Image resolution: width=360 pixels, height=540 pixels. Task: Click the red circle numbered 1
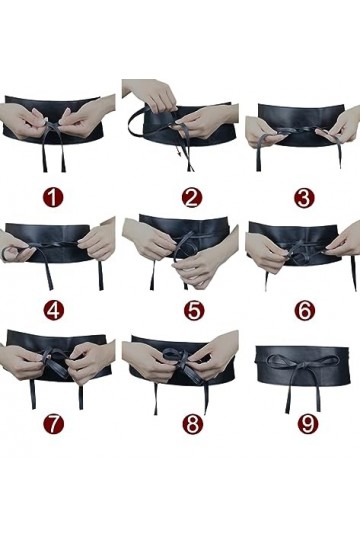[53, 197]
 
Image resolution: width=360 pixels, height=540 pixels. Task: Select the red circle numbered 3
[304, 197]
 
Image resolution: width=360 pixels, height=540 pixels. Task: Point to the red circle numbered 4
[53, 310]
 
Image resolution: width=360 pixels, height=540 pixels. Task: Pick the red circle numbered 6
[304, 310]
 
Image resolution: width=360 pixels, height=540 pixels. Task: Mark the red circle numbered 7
[53, 423]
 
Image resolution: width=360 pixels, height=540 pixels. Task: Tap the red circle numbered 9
[304, 423]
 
